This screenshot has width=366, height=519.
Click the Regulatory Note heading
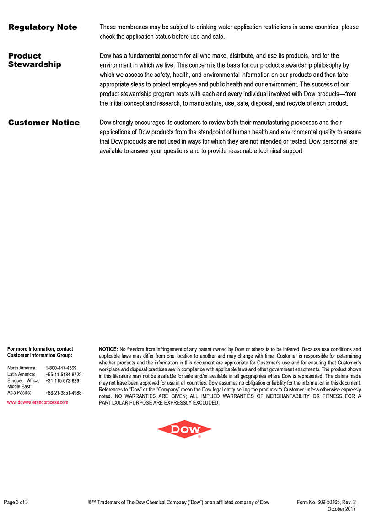[x=43, y=27]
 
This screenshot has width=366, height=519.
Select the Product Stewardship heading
[x=34, y=60]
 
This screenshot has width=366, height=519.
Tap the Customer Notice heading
[x=44, y=123]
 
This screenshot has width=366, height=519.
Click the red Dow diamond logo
[x=184, y=429]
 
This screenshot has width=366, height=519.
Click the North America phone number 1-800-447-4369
[x=61, y=368]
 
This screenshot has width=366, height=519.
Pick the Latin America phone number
[x=64, y=375]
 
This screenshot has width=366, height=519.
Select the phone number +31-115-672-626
[x=62, y=380]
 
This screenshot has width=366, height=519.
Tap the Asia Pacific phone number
[x=64, y=393]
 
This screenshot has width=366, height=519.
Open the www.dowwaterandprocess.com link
[x=38, y=402]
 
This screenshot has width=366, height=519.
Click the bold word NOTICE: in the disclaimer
[x=108, y=349]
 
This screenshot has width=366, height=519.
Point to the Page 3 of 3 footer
[x=16, y=502]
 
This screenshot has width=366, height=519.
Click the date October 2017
[x=342, y=509]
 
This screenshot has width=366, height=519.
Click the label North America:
[x=22, y=368]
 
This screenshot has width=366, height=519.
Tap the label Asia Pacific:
[x=19, y=393]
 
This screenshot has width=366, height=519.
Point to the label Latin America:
[x=22, y=375]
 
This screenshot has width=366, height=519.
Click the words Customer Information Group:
[x=40, y=355]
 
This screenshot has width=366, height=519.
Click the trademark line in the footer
[x=178, y=502]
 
